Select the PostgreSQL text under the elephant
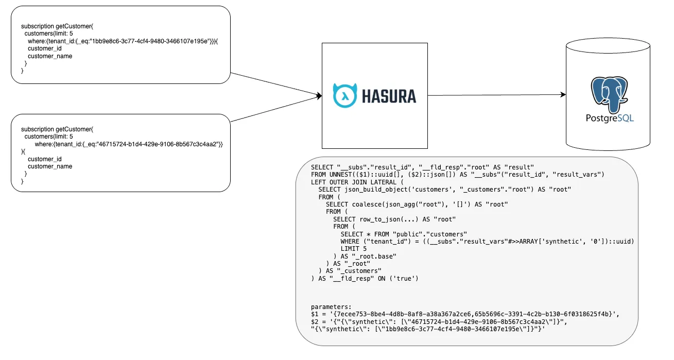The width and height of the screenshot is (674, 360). [610, 118]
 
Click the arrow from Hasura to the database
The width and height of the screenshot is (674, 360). [497, 95]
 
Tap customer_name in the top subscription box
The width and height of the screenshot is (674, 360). [50, 56]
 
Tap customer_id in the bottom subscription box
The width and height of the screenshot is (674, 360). [45, 159]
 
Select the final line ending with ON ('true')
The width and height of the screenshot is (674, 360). [364, 278]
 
